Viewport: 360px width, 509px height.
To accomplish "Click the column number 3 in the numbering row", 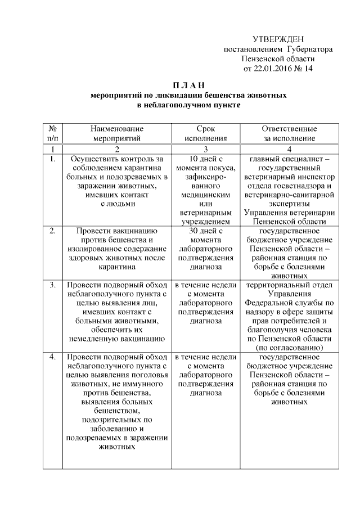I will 206,149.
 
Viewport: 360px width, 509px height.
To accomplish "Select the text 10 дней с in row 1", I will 206,159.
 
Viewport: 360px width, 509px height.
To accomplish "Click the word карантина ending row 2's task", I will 117,267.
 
